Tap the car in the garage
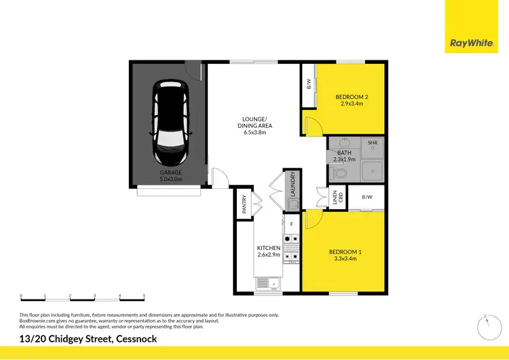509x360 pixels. tap(170, 122)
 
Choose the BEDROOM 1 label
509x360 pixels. tap(350, 256)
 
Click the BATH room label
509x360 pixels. tap(344, 157)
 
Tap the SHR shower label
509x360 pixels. tap(373, 144)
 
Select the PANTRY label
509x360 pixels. tap(244, 204)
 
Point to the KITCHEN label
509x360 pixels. tap(269, 251)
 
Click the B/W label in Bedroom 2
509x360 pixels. tap(309, 84)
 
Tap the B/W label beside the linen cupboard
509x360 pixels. tap(367, 198)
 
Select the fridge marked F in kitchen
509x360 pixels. tap(291, 223)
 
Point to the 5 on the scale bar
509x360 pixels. tap(144, 295)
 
